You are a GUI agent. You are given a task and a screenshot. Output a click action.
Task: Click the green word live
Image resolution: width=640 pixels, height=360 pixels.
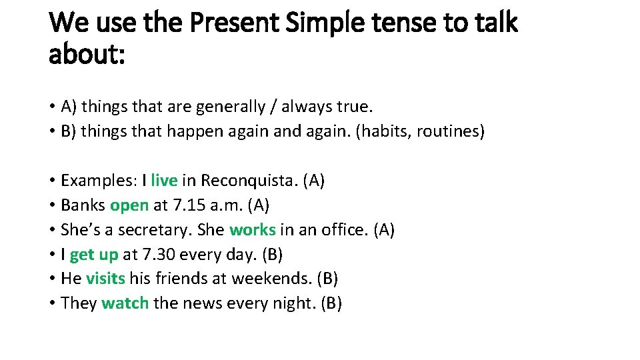(x=164, y=181)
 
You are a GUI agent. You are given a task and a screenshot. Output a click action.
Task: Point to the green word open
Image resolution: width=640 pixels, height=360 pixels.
(x=129, y=205)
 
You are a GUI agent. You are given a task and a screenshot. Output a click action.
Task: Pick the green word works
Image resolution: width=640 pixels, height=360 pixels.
(x=252, y=230)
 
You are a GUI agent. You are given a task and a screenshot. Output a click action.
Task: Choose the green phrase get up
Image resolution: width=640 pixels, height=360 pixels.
(x=93, y=255)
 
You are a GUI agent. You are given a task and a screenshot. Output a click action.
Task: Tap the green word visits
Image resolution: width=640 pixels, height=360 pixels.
(x=105, y=279)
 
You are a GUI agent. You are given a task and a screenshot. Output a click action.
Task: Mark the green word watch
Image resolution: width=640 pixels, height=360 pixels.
(x=125, y=303)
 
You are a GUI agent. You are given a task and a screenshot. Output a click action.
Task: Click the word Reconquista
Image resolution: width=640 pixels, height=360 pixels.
(x=249, y=181)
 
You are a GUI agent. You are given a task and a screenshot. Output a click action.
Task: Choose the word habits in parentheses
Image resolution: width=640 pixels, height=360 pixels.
(x=386, y=131)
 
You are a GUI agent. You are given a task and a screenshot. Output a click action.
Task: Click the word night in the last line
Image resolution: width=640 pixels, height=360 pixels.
(x=293, y=303)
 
